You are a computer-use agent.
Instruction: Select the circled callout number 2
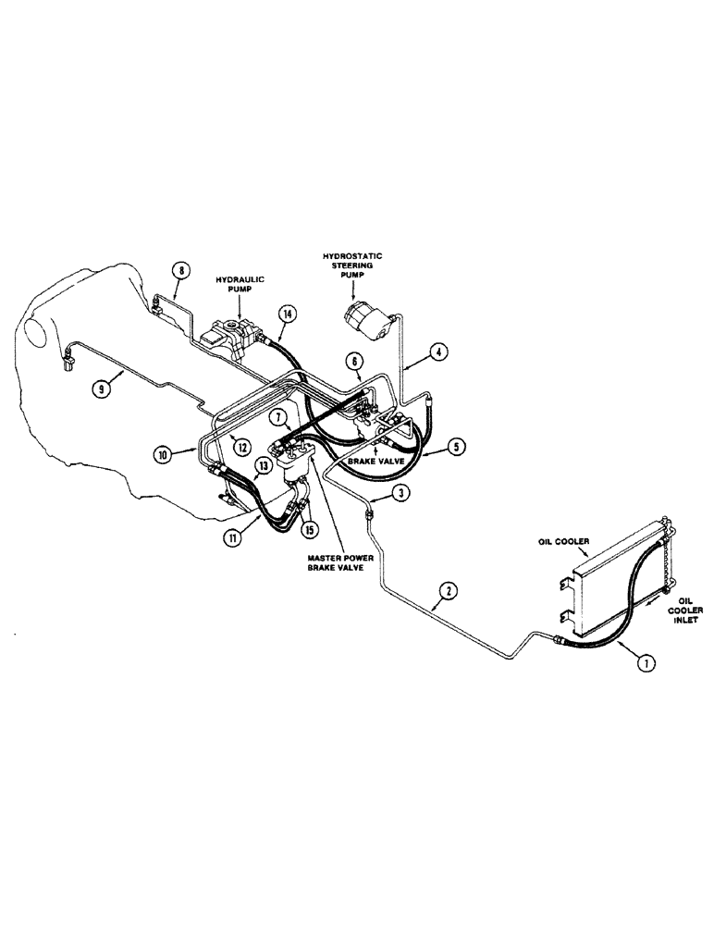pos(448,589)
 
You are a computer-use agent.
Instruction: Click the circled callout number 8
pos(181,271)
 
